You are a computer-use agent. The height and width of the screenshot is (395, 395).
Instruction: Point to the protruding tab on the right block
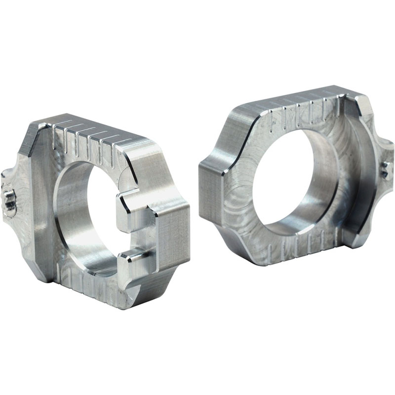pos(383,163)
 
